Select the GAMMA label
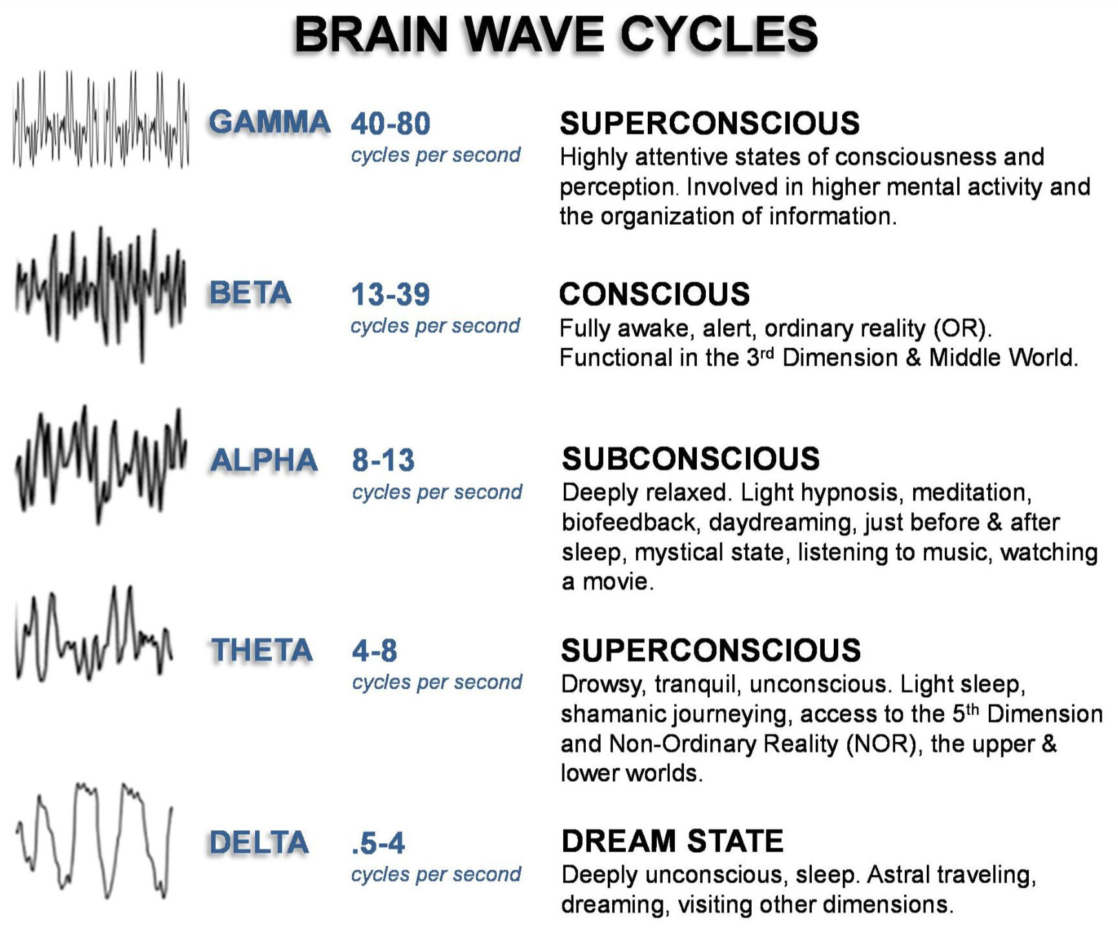[269, 122]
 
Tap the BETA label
[250, 293]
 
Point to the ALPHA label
[264, 460]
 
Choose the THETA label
[262, 650]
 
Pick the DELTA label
[259, 843]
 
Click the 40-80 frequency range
[391, 123]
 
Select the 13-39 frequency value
[390, 294]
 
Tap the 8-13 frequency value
[383, 460]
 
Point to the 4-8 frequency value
[375, 650]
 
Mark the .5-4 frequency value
[378, 843]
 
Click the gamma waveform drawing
[100, 120]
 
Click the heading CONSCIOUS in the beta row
[654, 294]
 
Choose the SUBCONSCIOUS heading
[690, 459]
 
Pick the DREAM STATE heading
[672, 841]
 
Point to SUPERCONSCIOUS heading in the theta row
[710, 650]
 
